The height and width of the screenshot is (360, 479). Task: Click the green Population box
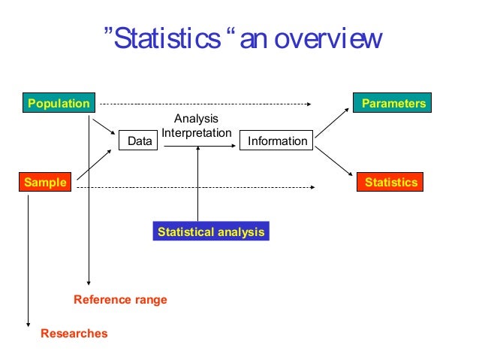pyautogui.click(x=58, y=103)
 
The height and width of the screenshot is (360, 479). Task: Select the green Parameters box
pyautogui.click(x=389, y=103)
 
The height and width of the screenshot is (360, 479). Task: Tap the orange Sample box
pyautogui.click(x=44, y=182)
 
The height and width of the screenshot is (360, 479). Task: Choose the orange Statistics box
pyautogui.click(x=390, y=182)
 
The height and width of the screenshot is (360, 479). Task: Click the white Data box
pyautogui.click(x=139, y=141)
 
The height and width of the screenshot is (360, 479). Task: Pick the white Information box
pyautogui.click(x=276, y=141)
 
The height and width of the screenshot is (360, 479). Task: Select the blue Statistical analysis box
pyautogui.click(x=210, y=232)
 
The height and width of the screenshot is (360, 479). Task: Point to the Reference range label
pyautogui.click(x=120, y=300)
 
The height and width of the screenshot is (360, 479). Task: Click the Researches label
pyautogui.click(x=74, y=333)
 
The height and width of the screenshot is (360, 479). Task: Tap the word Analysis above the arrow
pyautogui.click(x=197, y=118)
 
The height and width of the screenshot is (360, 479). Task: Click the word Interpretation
pyautogui.click(x=197, y=132)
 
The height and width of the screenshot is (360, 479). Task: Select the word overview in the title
pyautogui.click(x=328, y=39)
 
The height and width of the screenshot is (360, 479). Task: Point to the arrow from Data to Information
pyautogui.click(x=199, y=147)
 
